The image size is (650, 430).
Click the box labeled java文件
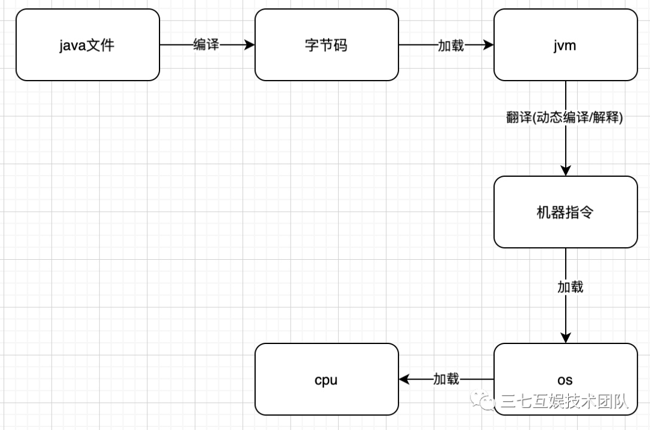(x=88, y=45)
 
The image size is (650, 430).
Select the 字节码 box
(x=327, y=45)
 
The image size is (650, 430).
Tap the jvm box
(x=565, y=45)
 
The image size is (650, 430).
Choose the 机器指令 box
(x=565, y=212)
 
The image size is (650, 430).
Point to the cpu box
(x=327, y=379)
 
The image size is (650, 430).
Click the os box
(x=565, y=379)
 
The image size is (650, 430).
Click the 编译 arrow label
(x=206, y=45)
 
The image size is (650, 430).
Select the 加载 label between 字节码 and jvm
(x=451, y=45)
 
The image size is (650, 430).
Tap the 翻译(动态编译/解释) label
(x=565, y=117)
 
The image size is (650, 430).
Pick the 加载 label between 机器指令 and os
(x=571, y=287)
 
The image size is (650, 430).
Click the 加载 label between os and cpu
(x=446, y=379)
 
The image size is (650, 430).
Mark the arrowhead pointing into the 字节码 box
(x=250, y=45)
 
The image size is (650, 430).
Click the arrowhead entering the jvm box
(x=488, y=45)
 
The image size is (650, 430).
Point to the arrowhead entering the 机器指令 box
(x=566, y=171)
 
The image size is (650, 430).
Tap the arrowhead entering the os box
(x=566, y=338)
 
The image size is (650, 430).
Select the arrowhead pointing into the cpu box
(x=404, y=379)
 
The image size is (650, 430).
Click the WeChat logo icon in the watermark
(x=482, y=400)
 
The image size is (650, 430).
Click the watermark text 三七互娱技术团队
(x=565, y=401)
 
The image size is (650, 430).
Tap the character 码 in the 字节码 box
(x=341, y=45)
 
